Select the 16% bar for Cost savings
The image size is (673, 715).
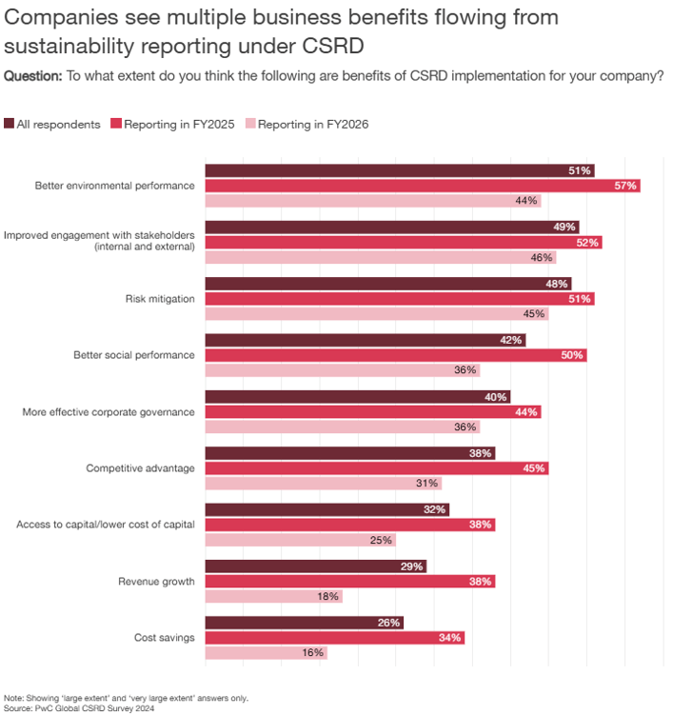[x=266, y=653]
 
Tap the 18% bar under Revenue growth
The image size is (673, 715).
[x=273, y=597]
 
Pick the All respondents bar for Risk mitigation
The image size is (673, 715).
[x=387, y=284]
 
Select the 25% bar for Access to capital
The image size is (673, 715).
[x=300, y=540]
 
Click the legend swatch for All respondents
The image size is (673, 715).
[x=10, y=124]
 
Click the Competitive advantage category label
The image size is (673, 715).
[x=140, y=468]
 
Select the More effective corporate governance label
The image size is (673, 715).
[x=109, y=412]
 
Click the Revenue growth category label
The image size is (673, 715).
[x=156, y=582]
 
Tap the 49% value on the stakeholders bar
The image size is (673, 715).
[x=564, y=228]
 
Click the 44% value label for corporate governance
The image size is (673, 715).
[x=526, y=412]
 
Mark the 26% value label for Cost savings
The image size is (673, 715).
[x=388, y=623]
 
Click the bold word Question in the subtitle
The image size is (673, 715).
[x=32, y=77]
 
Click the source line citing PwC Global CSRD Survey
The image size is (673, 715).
[x=79, y=708]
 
